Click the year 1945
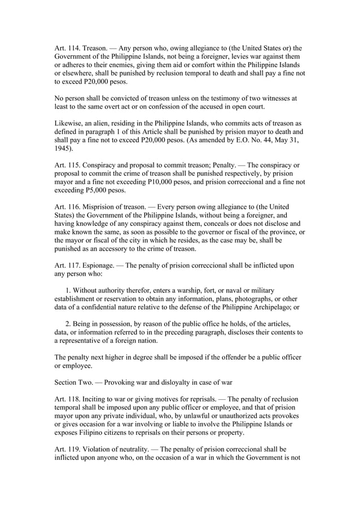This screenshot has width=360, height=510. pos(63,149)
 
